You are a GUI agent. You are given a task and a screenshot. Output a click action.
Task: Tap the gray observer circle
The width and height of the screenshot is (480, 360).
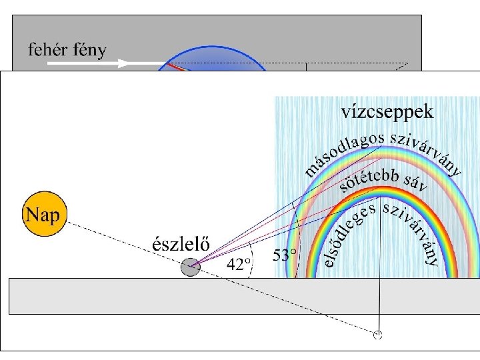click(x=191, y=267)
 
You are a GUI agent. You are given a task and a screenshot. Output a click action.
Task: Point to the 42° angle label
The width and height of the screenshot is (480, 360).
click(x=240, y=264)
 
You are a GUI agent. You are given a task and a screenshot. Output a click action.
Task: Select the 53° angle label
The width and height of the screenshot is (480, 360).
click(x=285, y=255)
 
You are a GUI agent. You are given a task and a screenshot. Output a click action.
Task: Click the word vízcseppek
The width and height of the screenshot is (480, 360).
click(x=387, y=111)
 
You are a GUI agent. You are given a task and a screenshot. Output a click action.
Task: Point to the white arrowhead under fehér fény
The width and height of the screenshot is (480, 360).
click(x=122, y=64)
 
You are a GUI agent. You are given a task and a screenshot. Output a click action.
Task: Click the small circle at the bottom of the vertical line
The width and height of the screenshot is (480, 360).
click(x=378, y=335)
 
